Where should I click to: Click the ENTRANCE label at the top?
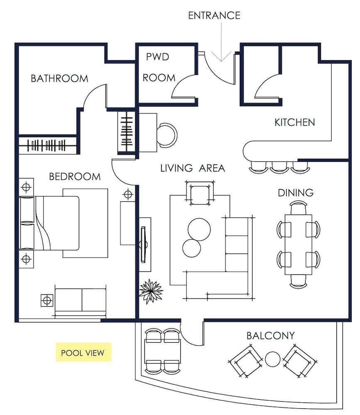click(x=214, y=15)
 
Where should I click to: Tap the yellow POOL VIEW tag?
click(x=83, y=352)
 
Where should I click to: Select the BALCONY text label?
click(x=270, y=336)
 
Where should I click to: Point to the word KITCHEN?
click(x=294, y=122)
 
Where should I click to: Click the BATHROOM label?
click(x=59, y=78)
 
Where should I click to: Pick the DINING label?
click(x=296, y=193)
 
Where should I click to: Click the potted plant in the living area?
click(x=151, y=291)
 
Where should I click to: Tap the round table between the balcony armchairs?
click(x=272, y=359)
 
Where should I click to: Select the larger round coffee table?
click(x=199, y=229)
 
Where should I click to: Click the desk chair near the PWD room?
click(x=167, y=135)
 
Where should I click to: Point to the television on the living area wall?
click(x=144, y=244)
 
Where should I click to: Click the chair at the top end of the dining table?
click(x=298, y=208)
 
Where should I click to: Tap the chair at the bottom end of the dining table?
click(x=298, y=281)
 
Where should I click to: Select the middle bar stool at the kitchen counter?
click(x=279, y=167)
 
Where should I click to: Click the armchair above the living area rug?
click(x=200, y=193)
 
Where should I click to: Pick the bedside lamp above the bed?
click(x=26, y=187)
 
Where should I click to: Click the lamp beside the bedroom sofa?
click(x=47, y=300)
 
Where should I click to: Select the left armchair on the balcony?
click(x=245, y=361)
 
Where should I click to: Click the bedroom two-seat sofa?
click(x=81, y=301)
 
